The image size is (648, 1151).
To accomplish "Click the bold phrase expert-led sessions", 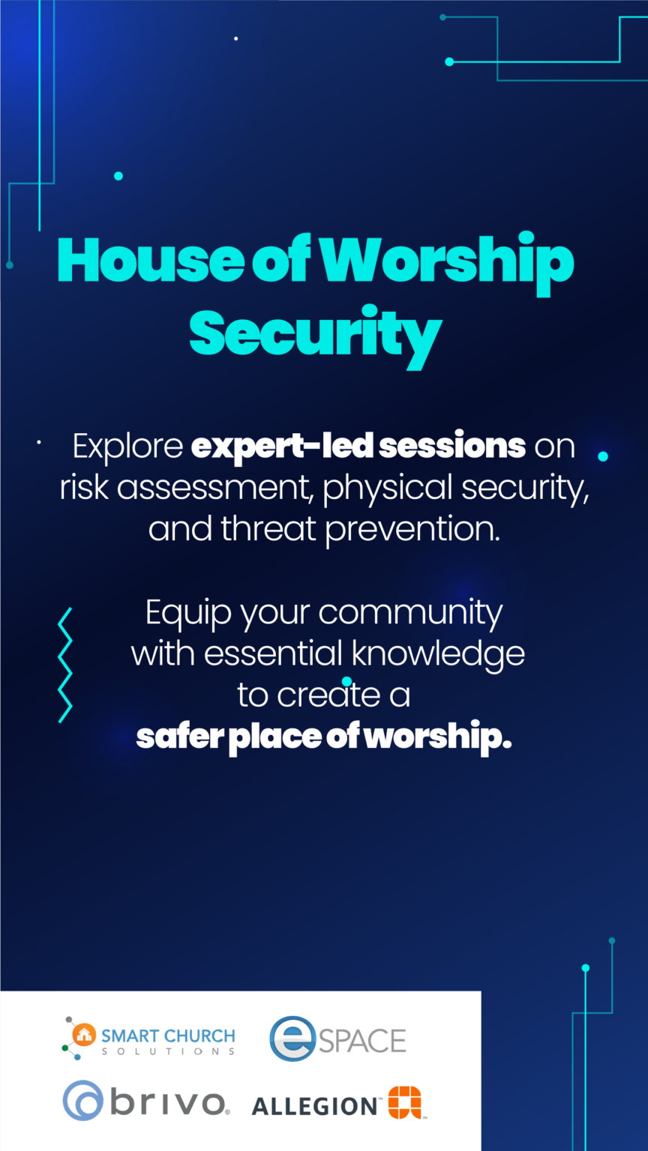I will pos(358,446).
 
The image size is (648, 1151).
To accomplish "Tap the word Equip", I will pos(190,613).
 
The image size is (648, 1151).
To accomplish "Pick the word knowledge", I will pos(438,653).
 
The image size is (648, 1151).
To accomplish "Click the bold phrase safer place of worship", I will pos(324,737).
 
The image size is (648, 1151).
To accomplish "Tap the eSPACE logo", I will pos(337,1039).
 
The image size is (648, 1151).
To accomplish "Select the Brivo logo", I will pos(145,1102).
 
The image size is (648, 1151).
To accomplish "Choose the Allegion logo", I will pos(337,1104).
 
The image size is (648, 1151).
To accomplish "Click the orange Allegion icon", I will pos(405,1102).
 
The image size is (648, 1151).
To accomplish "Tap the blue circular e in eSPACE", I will pos(292,1039).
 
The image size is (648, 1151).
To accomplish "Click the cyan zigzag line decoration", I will pos(65,665).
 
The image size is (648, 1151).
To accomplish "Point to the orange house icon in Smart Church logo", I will pos(84,1035).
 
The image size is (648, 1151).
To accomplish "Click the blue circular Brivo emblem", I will pos(82,1101).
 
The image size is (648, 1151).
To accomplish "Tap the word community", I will pos(410,613).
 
